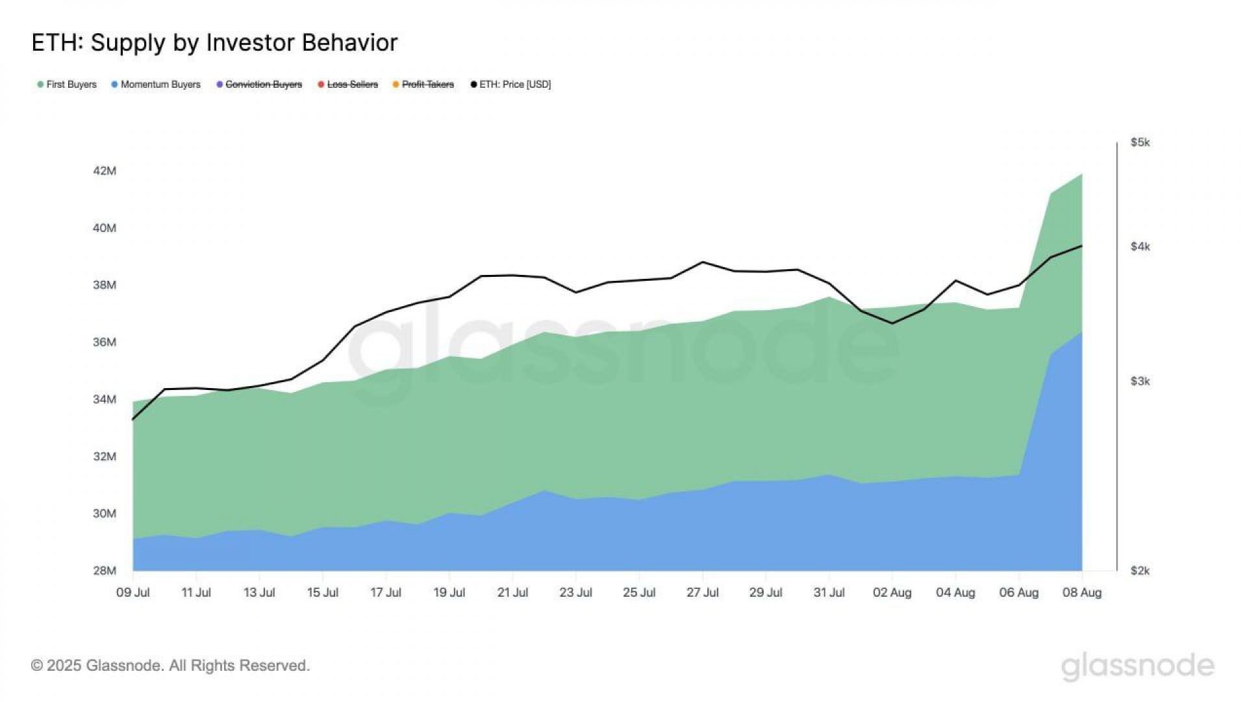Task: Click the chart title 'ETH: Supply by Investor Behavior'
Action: point(214,43)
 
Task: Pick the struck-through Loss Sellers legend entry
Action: point(348,84)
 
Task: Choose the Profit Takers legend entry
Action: point(423,84)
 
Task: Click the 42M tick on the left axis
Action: point(105,171)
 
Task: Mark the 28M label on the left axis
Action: point(105,571)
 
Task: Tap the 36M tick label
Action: point(105,342)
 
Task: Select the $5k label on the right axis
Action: point(1140,142)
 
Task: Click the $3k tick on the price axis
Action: point(1140,382)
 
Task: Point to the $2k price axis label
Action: point(1140,571)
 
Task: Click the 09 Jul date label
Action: point(133,593)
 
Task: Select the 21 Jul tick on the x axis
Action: point(512,593)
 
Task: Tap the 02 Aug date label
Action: point(892,593)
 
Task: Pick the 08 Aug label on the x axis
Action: point(1081,593)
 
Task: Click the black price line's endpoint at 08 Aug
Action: point(1081,246)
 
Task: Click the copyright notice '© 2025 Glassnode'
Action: point(170,666)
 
